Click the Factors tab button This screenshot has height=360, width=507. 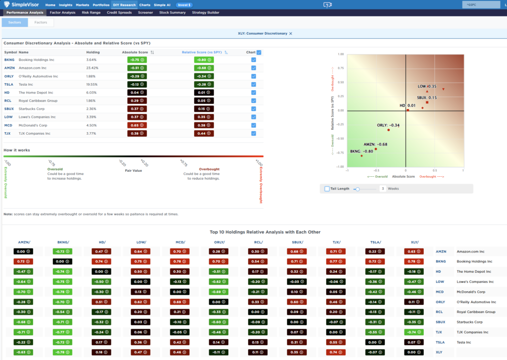click(x=41, y=22)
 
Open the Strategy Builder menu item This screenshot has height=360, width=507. click(x=205, y=12)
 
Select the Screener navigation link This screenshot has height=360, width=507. click(x=146, y=12)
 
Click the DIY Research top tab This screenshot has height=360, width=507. click(x=124, y=4)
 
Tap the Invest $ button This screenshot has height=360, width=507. click(x=184, y=4)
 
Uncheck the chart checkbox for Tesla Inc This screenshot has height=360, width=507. click(x=253, y=84)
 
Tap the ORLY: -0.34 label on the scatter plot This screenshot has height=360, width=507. click(x=388, y=125)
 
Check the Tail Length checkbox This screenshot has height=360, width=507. click(x=327, y=189)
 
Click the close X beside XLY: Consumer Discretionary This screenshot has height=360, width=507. click(x=291, y=34)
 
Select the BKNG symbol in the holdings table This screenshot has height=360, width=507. click(x=9, y=60)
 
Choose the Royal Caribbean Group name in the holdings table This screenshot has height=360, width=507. click(x=38, y=101)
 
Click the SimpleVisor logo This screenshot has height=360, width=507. click(x=21, y=4)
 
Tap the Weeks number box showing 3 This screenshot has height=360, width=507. click(x=383, y=189)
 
